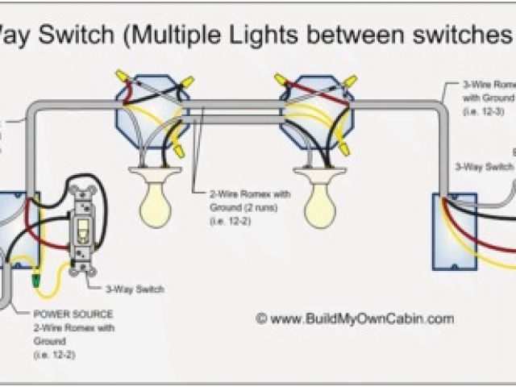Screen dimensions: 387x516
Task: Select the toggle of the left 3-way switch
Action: click(83, 234)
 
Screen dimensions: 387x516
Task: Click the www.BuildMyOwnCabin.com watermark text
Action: click(362, 319)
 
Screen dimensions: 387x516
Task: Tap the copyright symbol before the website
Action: click(261, 319)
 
